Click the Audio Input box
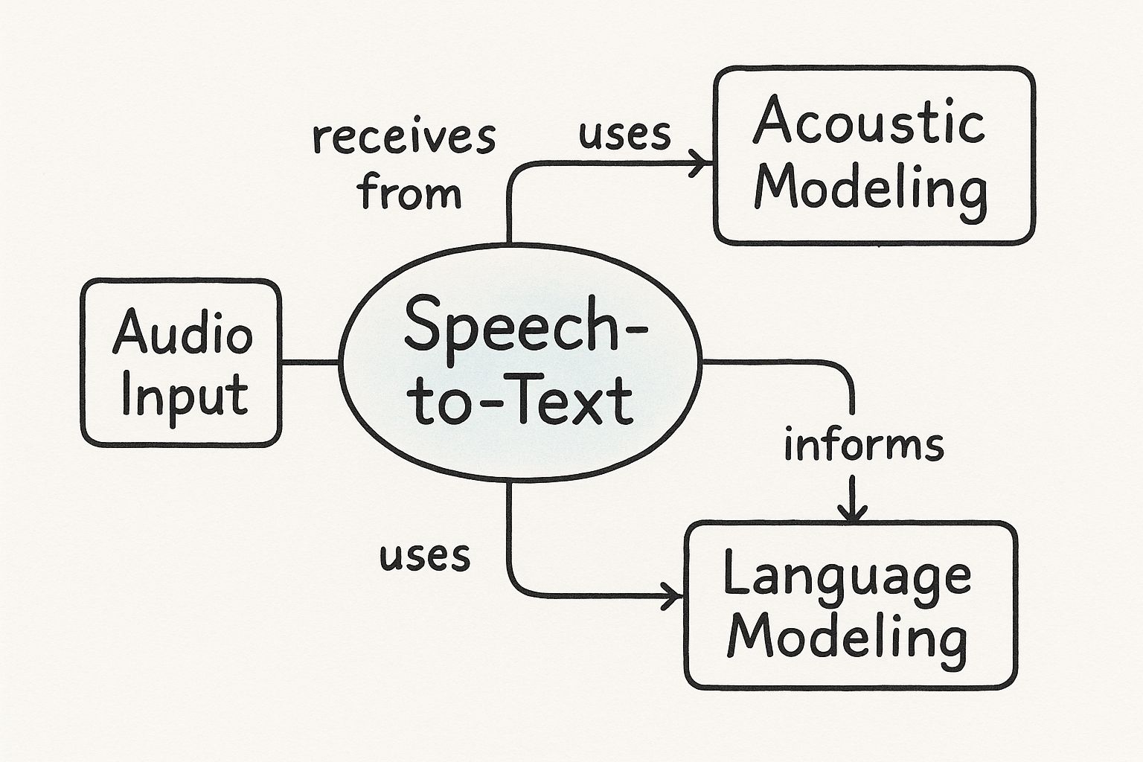point(181,363)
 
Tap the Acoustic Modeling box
point(874,156)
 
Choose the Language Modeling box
point(851,605)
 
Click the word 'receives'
point(404,138)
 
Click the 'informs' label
point(864,445)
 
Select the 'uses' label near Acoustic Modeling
point(625,135)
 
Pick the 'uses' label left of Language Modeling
point(425,555)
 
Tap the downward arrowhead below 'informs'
point(853,512)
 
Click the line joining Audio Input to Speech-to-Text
point(311,362)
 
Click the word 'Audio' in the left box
point(182,333)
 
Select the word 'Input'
point(183,395)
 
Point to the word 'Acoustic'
point(869,121)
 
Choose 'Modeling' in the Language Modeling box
point(847,638)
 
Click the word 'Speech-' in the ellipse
point(525,325)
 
